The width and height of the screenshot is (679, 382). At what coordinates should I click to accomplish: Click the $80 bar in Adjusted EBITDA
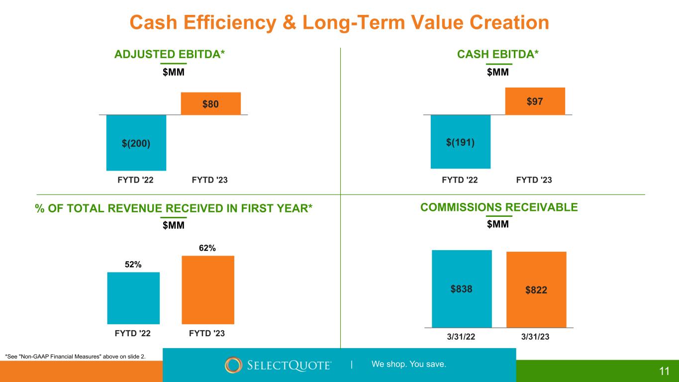click(x=211, y=103)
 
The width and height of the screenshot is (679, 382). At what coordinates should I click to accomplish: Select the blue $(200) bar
click(x=136, y=142)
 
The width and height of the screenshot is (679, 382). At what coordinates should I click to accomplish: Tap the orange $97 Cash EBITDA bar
click(x=535, y=101)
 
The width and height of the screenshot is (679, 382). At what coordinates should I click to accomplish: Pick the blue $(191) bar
click(x=461, y=142)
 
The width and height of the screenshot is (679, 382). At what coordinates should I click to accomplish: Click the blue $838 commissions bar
click(x=462, y=288)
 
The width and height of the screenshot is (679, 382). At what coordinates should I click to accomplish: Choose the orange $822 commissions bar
click(x=536, y=289)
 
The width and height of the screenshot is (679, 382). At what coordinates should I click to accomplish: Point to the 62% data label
click(x=207, y=248)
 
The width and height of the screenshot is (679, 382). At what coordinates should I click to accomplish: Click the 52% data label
click(x=133, y=265)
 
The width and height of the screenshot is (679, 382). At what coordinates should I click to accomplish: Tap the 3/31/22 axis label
click(x=461, y=337)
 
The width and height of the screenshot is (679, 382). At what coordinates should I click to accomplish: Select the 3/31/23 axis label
click(x=535, y=337)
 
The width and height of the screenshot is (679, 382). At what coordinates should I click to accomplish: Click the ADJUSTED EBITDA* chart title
click(x=170, y=54)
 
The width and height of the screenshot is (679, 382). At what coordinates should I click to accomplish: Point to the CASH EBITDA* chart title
click(x=498, y=54)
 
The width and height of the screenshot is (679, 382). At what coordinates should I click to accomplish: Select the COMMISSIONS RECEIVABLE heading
click(x=499, y=207)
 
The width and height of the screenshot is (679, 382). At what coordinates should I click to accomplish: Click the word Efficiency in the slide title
click(x=230, y=22)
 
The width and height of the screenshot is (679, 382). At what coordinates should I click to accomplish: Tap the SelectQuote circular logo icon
click(x=233, y=365)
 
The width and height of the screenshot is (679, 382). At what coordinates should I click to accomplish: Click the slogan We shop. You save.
click(x=409, y=364)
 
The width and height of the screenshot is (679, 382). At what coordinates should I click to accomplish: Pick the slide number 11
click(x=664, y=371)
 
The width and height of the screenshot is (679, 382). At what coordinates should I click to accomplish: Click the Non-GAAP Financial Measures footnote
click(x=76, y=357)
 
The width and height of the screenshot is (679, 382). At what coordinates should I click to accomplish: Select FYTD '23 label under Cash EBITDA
click(x=534, y=180)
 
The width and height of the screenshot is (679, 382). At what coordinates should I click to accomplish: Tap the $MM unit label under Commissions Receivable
click(x=498, y=224)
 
